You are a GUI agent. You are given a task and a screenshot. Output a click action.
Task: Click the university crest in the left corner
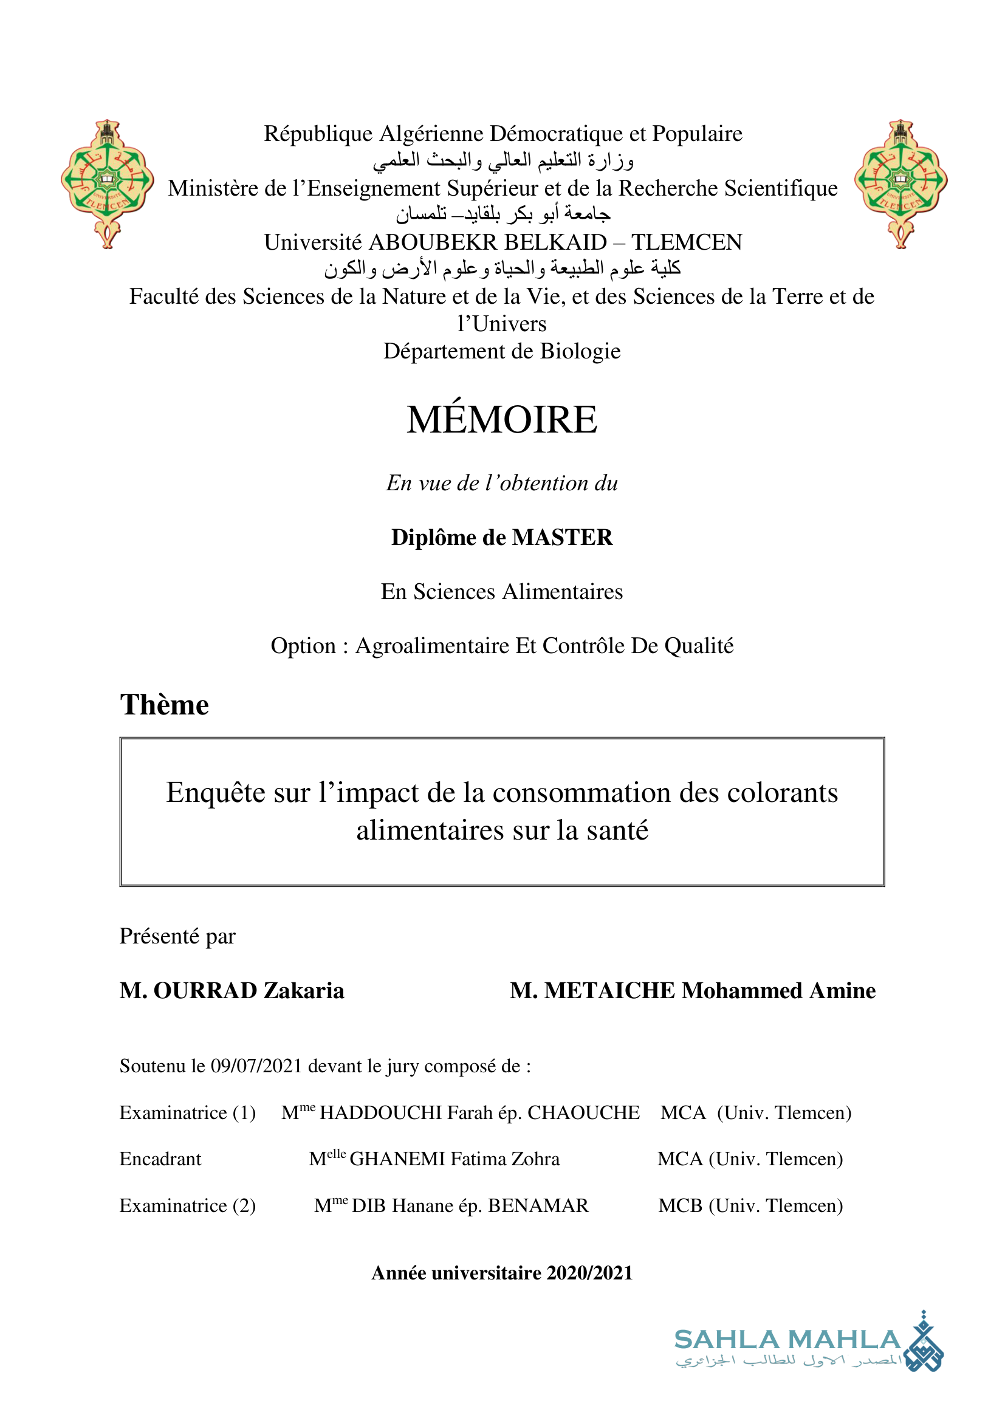click(107, 184)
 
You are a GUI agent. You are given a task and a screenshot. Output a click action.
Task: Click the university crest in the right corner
click(900, 184)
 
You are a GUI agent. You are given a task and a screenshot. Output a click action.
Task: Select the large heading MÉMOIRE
click(502, 420)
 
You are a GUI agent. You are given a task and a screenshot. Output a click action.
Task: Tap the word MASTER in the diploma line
click(563, 537)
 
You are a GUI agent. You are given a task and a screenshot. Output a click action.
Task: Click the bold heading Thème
click(165, 705)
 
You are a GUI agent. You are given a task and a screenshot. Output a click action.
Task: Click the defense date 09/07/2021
click(256, 1066)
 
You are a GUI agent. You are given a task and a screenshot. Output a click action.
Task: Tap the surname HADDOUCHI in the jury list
click(380, 1113)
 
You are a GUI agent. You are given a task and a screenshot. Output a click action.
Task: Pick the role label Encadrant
click(160, 1159)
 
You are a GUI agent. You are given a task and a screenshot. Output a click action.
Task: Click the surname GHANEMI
click(396, 1159)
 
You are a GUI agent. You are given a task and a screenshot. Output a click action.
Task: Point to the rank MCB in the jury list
click(680, 1205)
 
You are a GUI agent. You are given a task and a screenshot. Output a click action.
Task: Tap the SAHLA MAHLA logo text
click(787, 1340)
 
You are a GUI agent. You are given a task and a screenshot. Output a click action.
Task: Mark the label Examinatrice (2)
click(188, 1205)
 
